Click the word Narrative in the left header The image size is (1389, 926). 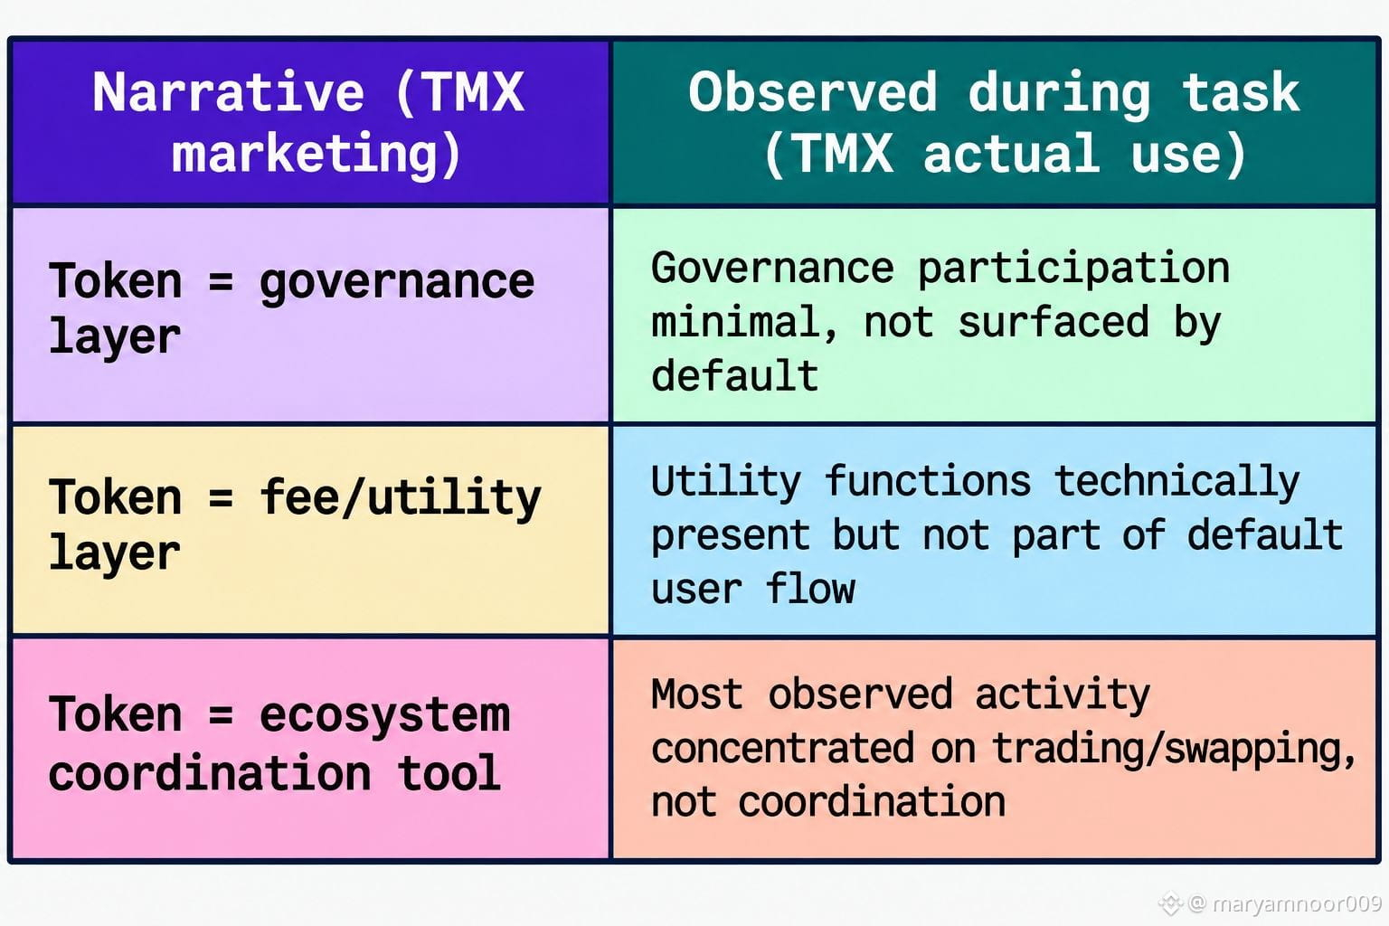(x=228, y=92)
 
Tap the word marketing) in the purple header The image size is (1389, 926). (x=317, y=154)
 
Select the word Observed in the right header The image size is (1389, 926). (x=812, y=92)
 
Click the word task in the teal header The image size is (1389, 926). (x=1240, y=92)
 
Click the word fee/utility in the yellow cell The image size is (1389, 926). (x=401, y=500)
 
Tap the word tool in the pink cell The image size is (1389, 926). (x=449, y=773)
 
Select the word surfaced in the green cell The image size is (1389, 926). (x=1053, y=323)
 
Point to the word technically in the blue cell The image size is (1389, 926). (x=1176, y=483)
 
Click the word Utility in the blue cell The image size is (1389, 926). (x=726, y=483)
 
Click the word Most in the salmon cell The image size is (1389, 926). (x=697, y=694)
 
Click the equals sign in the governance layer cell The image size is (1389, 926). (x=221, y=282)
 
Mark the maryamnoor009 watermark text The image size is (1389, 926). (x=1297, y=903)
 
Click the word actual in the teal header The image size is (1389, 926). (x=1011, y=154)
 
